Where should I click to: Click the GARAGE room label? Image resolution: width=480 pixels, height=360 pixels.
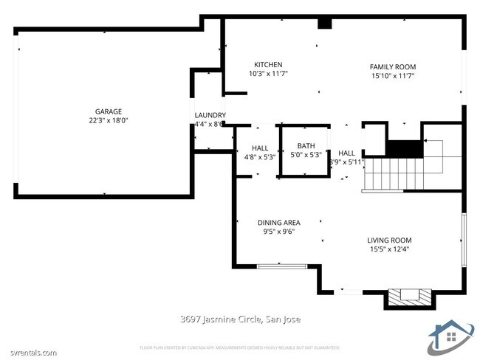click(108, 111)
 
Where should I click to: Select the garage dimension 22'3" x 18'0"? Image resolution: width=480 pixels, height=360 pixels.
click(108, 120)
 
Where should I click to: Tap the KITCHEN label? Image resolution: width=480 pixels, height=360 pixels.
click(268, 65)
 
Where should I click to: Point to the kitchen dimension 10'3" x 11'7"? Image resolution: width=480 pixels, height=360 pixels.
click(268, 74)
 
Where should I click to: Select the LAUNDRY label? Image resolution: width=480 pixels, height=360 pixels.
click(210, 115)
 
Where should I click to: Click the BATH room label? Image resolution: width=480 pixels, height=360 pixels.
click(306, 146)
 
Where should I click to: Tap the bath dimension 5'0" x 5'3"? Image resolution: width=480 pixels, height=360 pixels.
click(306, 155)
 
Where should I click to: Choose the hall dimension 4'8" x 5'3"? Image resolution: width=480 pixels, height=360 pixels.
click(259, 156)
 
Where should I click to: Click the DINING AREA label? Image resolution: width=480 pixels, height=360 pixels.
click(278, 223)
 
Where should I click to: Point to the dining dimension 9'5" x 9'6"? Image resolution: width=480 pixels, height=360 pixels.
click(278, 232)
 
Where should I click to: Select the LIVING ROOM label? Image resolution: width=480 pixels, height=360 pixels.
click(389, 240)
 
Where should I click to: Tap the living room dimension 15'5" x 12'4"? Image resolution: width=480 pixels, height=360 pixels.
click(389, 249)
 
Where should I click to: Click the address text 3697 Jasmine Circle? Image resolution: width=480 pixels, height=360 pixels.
click(240, 319)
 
